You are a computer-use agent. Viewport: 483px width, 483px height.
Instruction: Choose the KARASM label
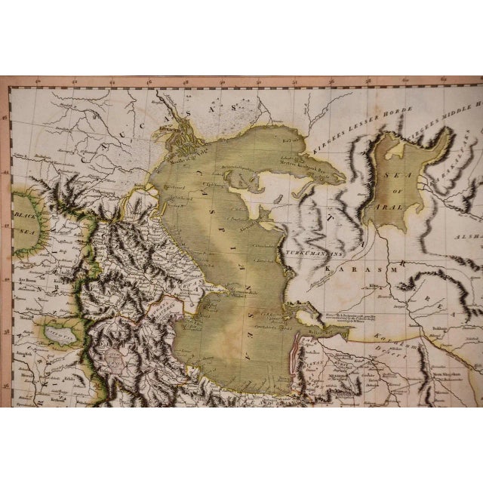tap(346, 266)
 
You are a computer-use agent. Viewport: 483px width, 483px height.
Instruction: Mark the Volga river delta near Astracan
tap(181, 121)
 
